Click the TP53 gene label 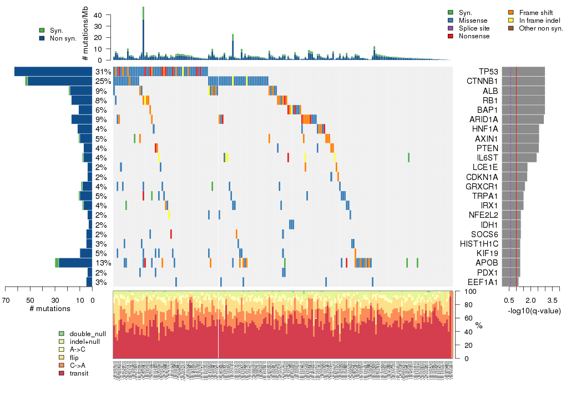pyautogui.click(x=488, y=72)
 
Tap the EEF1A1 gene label pyautogui.click(x=482, y=282)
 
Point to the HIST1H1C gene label pyautogui.click(x=479, y=244)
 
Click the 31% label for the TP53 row pyautogui.click(x=103, y=72)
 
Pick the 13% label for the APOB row pyautogui.click(x=103, y=263)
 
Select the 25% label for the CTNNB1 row pyautogui.click(x=103, y=81)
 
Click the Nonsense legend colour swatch pyautogui.click(x=451, y=36)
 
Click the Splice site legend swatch pyautogui.click(x=451, y=28)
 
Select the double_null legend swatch pyautogui.click(x=62, y=334)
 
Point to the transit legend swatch pyautogui.click(x=62, y=373)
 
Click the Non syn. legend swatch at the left pyautogui.click(x=42, y=38)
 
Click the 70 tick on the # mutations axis pyautogui.click(x=6, y=301)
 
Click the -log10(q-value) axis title pyautogui.click(x=533, y=311)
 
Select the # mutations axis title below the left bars pyautogui.click(x=49, y=308)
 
